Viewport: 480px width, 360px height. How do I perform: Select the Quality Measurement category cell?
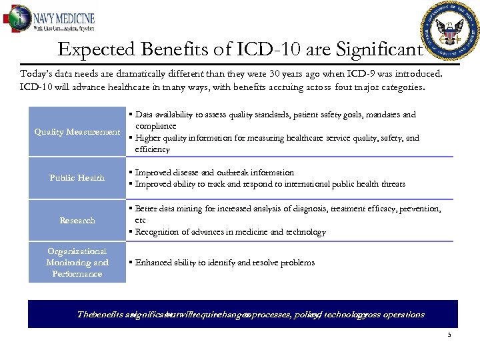coord(77,132)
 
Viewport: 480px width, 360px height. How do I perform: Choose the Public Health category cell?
coord(77,178)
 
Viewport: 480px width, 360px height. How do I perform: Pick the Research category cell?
coord(77,221)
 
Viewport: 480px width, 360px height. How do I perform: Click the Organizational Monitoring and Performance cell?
coord(77,263)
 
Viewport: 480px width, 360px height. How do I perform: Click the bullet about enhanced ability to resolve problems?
coord(225,263)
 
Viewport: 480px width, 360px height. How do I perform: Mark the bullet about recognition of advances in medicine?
coord(230,232)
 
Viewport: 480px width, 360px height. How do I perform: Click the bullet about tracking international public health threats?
coord(270,184)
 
